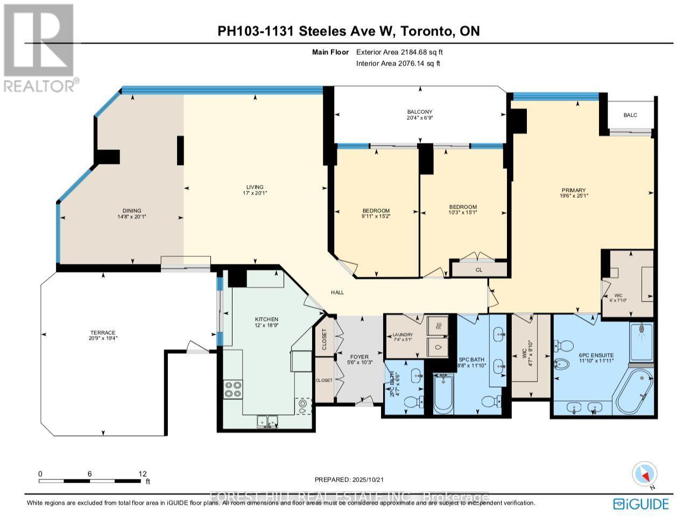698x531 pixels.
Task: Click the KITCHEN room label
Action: [266, 319]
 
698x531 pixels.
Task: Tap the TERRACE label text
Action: [103, 333]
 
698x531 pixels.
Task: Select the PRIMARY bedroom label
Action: [573, 190]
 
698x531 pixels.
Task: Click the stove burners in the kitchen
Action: [233, 389]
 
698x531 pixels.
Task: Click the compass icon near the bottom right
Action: [644, 475]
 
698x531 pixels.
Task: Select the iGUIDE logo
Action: [641, 504]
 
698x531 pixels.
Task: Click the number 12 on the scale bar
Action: [142, 473]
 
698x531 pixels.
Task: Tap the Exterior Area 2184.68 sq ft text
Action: [399, 52]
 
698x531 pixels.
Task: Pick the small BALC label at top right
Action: [630, 115]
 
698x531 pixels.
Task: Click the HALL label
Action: [337, 292]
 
